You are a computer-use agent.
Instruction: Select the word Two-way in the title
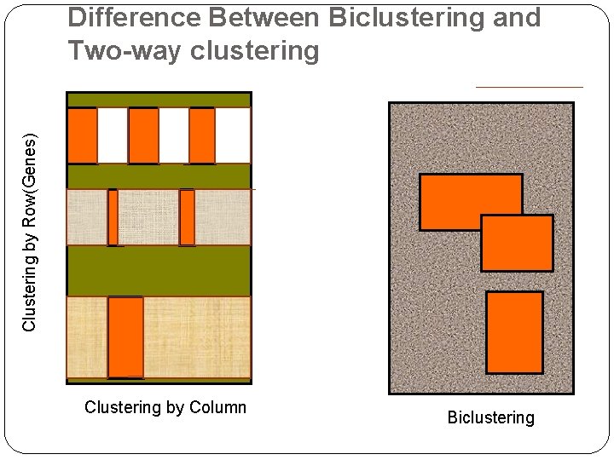click(x=125, y=51)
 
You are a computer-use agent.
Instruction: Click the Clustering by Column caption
click(x=165, y=407)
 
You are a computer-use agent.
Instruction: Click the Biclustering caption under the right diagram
click(x=490, y=417)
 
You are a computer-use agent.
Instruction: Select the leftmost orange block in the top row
click(x=82, y=135)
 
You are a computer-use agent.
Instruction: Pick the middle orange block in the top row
click(x=143, y=135)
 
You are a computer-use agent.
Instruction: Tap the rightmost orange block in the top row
click(x=202, y=135)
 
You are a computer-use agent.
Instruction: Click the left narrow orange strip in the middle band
click(x=113, y=217)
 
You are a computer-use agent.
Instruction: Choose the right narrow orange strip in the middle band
click(x=187, y=217)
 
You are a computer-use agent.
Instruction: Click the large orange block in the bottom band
click(x=125, y=336)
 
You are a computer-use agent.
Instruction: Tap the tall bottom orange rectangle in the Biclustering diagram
click(x=514, y=332)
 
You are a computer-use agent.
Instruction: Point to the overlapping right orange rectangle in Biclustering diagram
click(x=517, y=243)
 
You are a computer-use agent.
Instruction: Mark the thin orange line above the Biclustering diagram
click(x=529, y=87)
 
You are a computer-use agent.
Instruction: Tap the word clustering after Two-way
click(x=255, y=51)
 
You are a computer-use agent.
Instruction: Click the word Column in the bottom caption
click(x=217, y=407)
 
